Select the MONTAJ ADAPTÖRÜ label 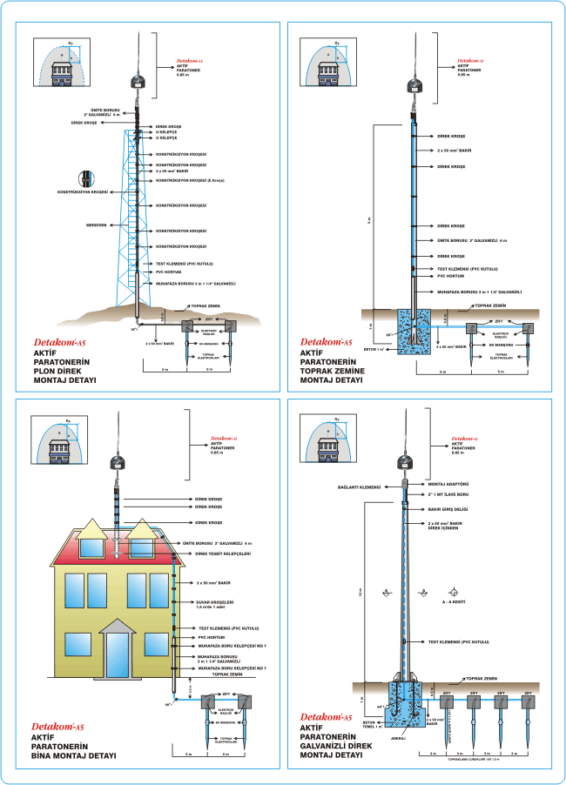pyautogui.click(x=450, y=484)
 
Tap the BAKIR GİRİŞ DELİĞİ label pyautogui.click(x=450, y=510)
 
